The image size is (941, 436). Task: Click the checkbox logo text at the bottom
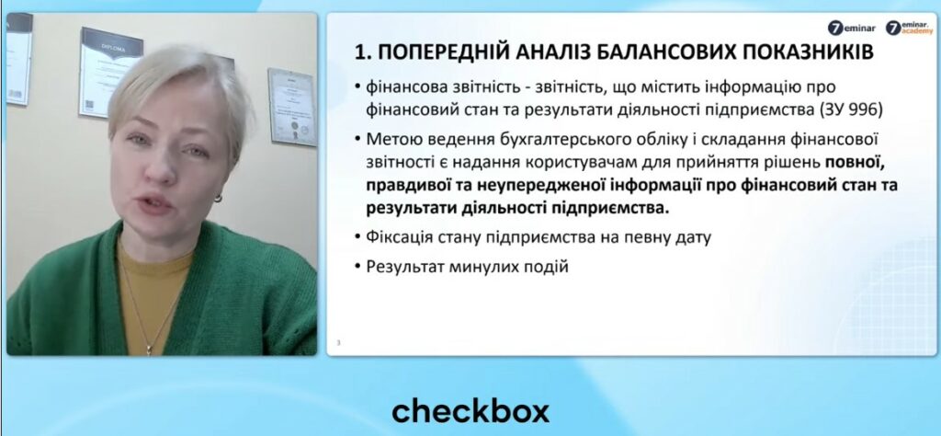[x=470, y=411]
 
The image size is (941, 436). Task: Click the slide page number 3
[x=338, y=343]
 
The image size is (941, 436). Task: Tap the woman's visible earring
[x=218, y=197]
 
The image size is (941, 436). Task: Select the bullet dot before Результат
[x=357, y=267]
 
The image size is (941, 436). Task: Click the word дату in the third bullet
[x=693, y=238]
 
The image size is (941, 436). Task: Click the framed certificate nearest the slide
[x=292, y=107]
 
